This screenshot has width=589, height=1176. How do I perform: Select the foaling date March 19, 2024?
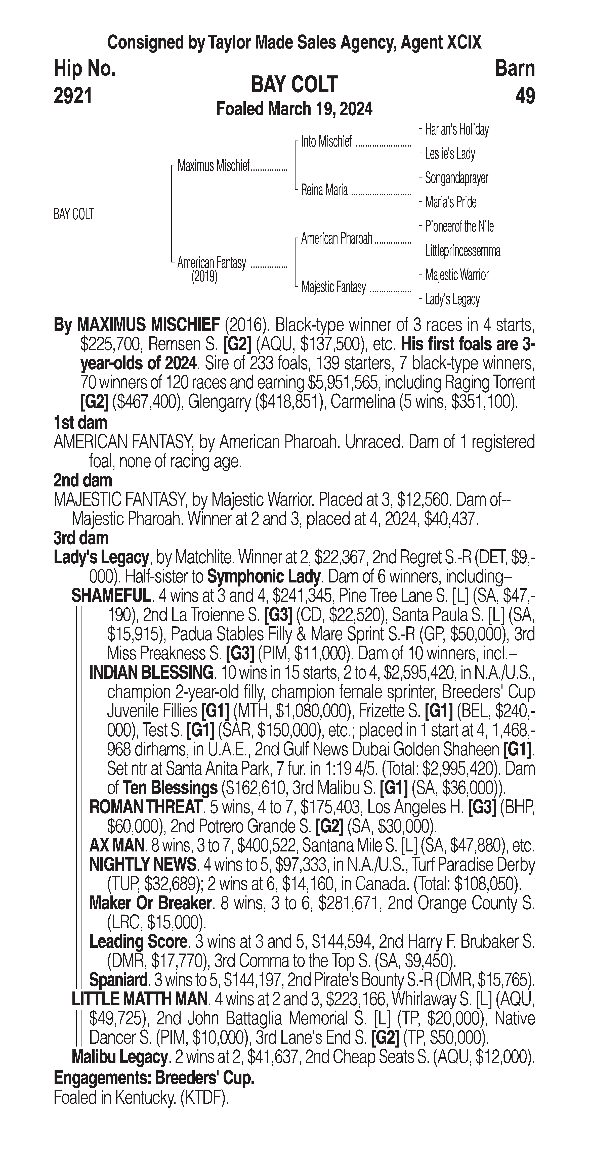point(294,109)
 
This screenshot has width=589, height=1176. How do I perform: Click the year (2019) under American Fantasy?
point(204,277)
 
